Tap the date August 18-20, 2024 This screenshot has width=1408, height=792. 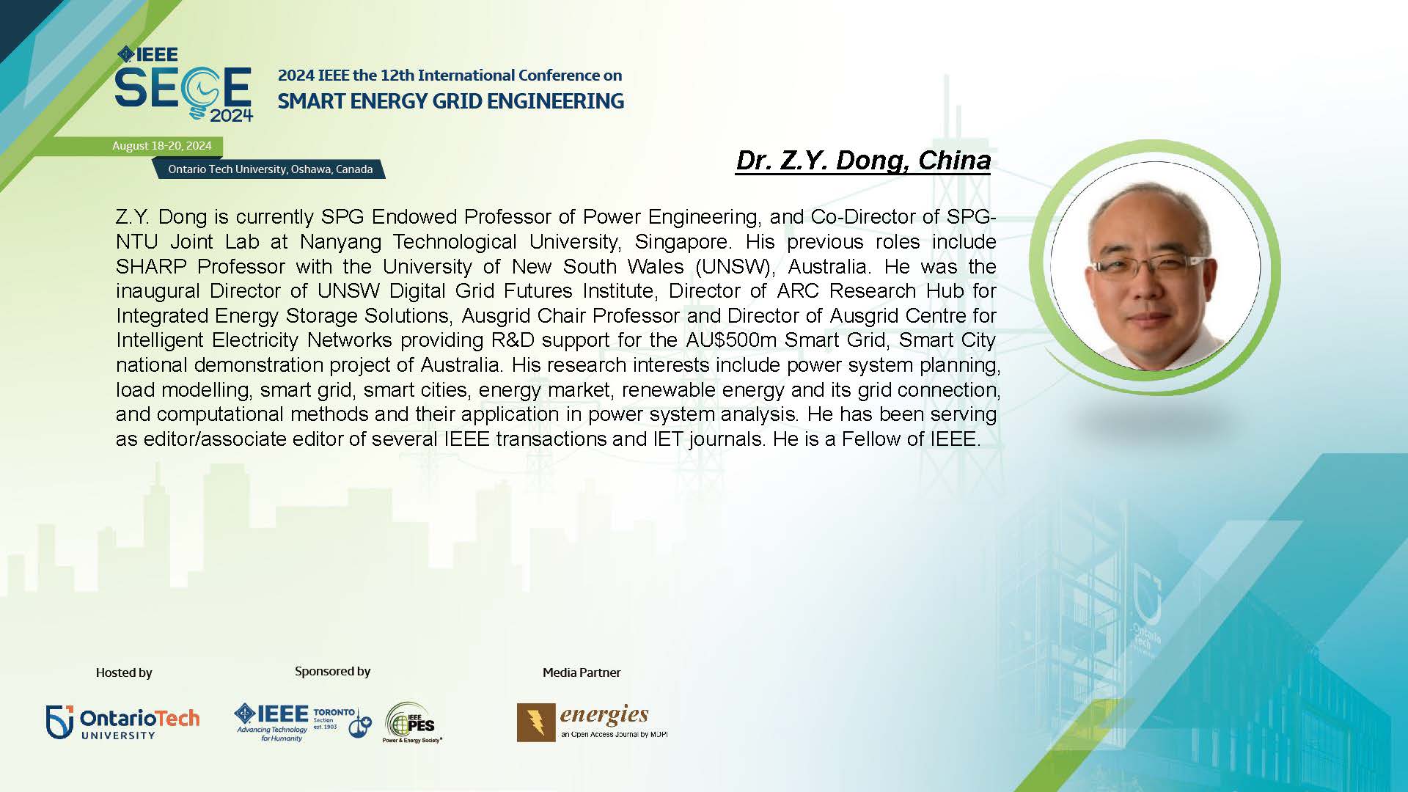pyautogui.click(x=162, y=146)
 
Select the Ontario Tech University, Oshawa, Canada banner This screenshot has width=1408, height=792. pyautogui.click(x=270, y=169)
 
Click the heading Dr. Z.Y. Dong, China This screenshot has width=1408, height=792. pyautogui.click(x=863, y=161)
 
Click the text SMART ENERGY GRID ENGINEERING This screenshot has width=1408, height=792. pyautogui.click(x=450, y=101)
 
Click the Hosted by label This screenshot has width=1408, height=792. pyautogui.click(x=124, y=672)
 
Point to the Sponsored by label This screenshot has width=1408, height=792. pyautogui.click(x=332, y=671)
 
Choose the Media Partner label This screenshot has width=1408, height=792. pyautogui.click(x=582, y=672)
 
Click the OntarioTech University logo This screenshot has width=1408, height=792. pyautogui.click(x=122, y=722)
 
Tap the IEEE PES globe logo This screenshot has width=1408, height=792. pyautogui.click(x=411, y=723)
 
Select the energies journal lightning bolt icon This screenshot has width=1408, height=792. pyautogui.click(x=536, y=722)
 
